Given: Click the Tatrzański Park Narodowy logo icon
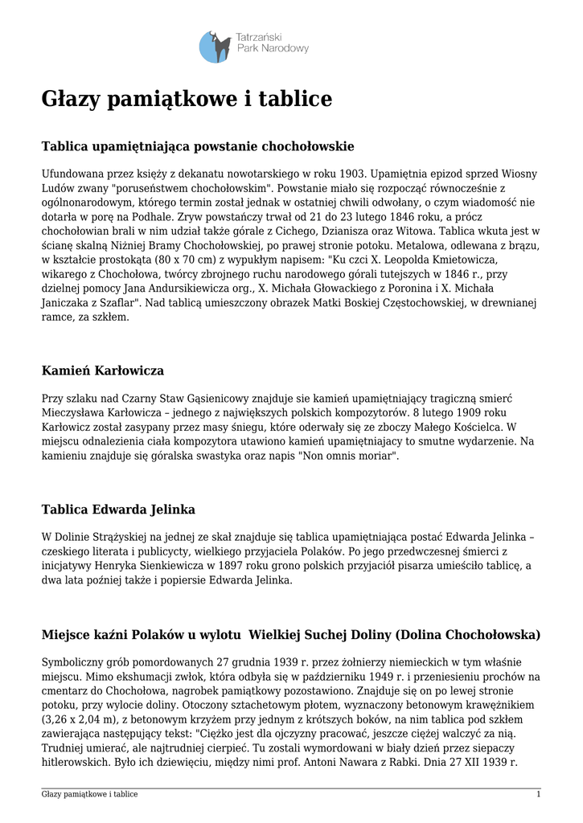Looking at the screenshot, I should point(215,46).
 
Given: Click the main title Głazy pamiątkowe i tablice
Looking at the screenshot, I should point(187,100).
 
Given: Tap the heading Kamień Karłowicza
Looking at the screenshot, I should point(102,371).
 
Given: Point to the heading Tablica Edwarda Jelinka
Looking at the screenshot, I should point(118,510).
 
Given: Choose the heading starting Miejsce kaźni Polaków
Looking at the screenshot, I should point(290,635).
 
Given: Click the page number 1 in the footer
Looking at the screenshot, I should point(538,794).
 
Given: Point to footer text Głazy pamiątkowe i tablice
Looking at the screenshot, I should point(89,794).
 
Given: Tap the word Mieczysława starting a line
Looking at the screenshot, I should point(73,412).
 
